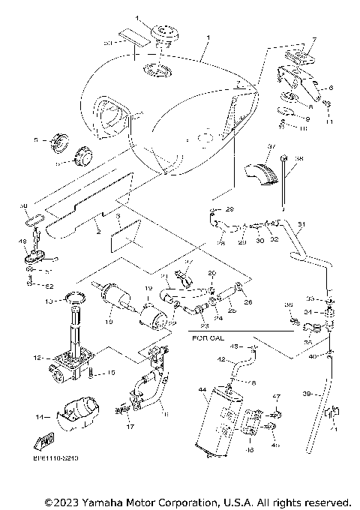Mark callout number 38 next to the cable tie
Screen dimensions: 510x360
[298, 159]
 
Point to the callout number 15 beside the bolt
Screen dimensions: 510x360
[111, 373]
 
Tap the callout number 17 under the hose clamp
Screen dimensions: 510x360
[129, 427]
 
